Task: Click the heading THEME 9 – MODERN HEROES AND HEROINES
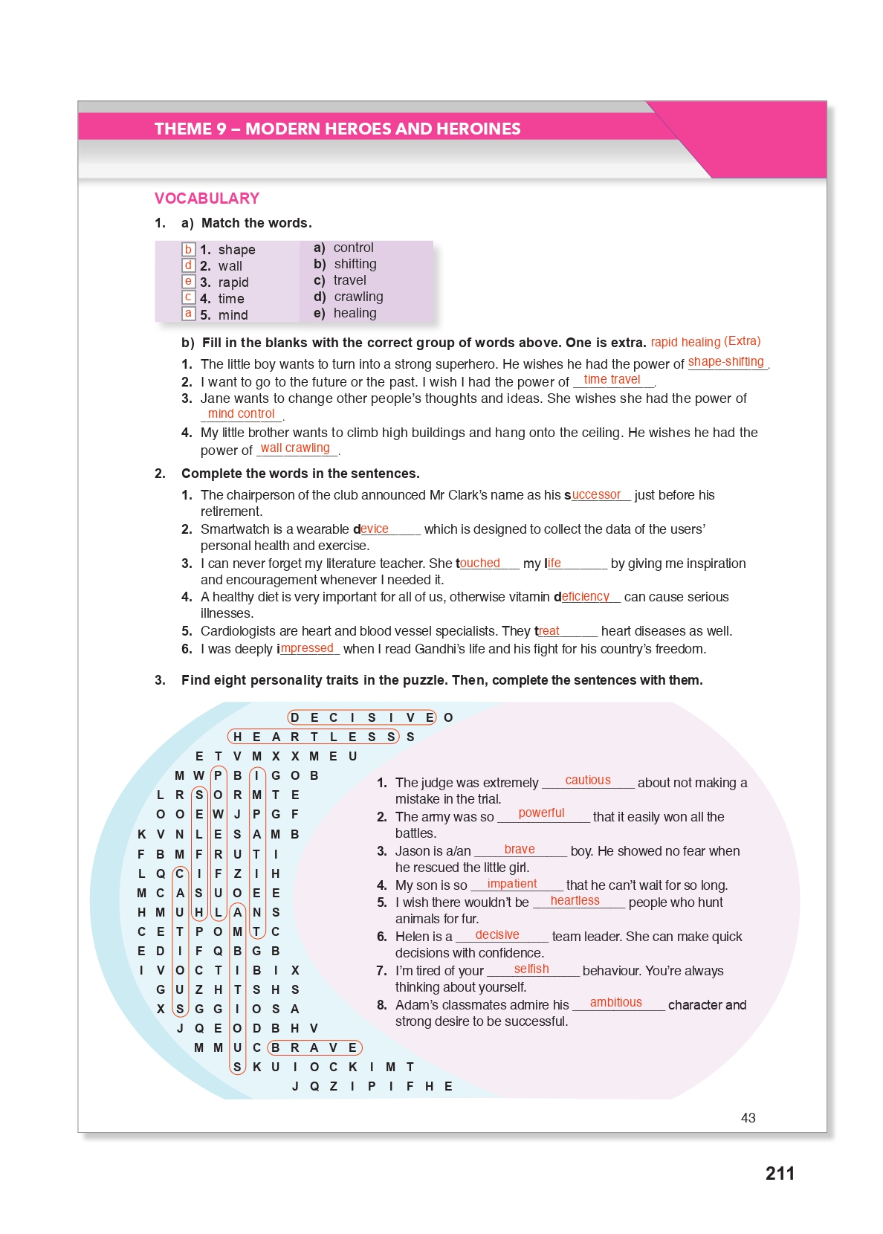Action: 337,129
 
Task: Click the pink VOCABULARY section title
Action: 207,198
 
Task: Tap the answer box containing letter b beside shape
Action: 189,250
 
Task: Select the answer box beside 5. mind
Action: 189,314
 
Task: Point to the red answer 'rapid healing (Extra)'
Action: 705,342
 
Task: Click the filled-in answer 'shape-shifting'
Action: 726,362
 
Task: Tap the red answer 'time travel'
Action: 612,380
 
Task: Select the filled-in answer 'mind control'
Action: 242,414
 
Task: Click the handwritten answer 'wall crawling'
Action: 295,448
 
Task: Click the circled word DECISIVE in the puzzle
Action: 362,717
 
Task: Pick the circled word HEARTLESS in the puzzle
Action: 314,737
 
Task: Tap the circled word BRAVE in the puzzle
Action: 314,1047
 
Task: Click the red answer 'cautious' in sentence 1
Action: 588,781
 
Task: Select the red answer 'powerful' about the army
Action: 541,813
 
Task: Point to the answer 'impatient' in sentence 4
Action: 512,884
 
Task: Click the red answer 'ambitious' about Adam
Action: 616,1003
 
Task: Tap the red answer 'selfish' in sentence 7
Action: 531,969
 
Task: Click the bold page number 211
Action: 780,1174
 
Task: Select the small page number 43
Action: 748,1118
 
